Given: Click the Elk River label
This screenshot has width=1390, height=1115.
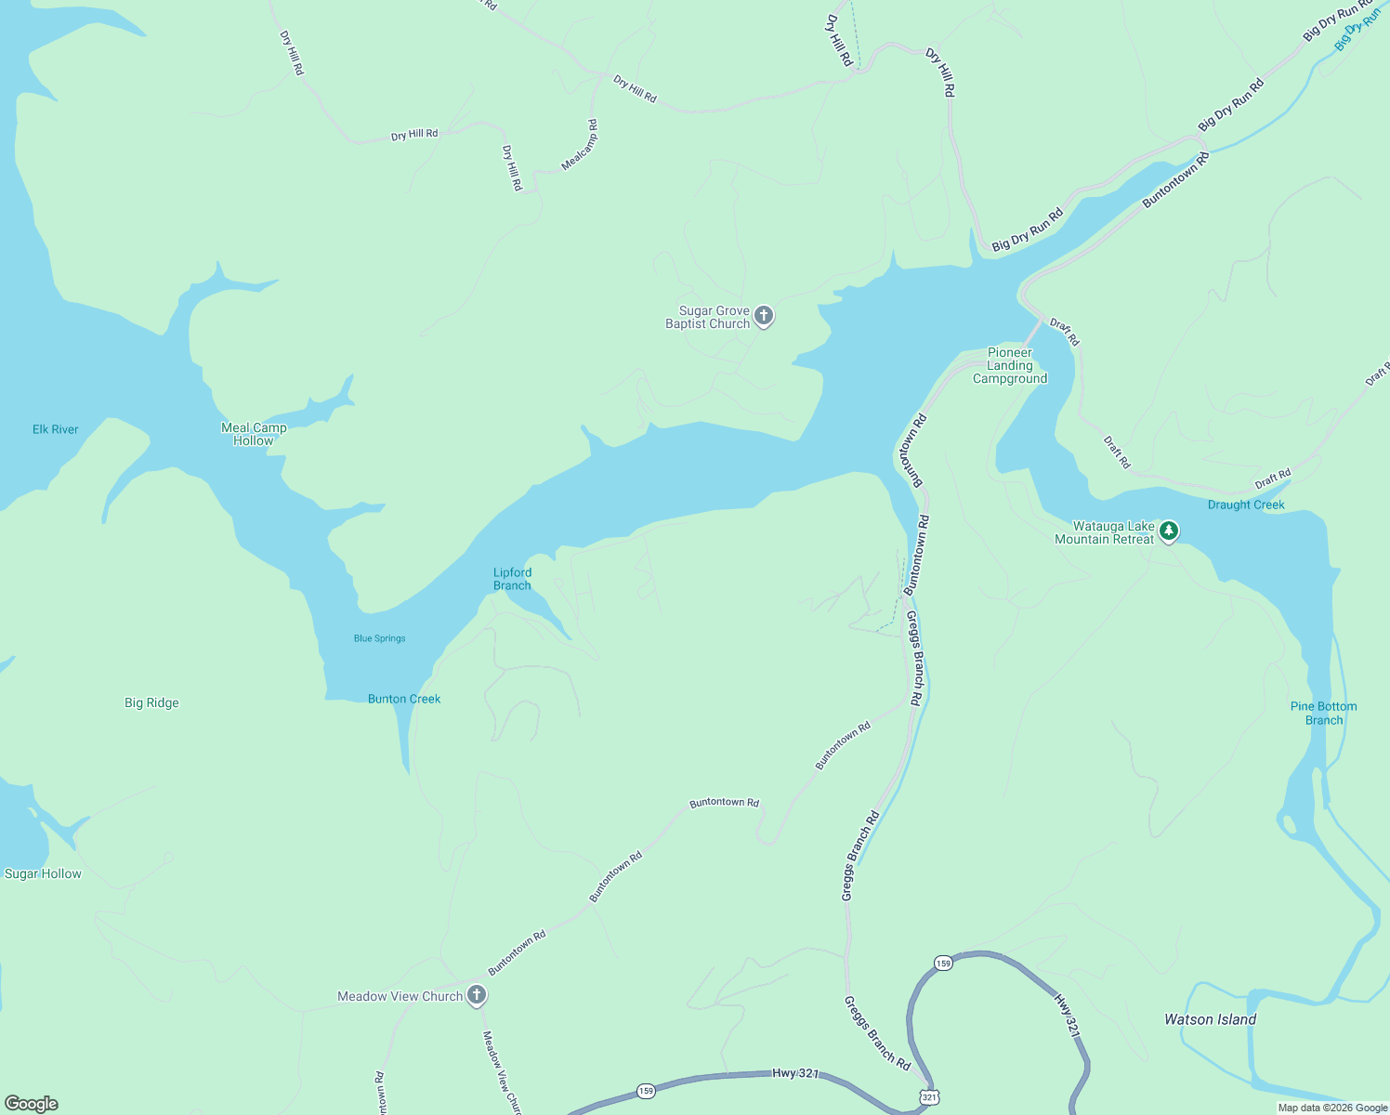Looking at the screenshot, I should pyautogui.click(x=56, y=429).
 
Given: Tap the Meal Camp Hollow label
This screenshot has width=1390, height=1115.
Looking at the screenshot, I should pyautogui.click(x=254, y=434).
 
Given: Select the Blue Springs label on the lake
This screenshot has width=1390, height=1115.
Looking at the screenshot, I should pyautogui.click(x=379, y=638).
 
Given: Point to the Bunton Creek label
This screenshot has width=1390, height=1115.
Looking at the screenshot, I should pyautogui.click(x=404, y=699).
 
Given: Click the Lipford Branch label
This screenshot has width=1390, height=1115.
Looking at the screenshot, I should pyautogui.click(x=512, y=579).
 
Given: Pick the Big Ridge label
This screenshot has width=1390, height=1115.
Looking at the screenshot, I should pyautogui.click(x=151, y=702).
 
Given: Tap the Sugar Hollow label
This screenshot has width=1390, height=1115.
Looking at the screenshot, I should pyautogui.click(x=43, y=873).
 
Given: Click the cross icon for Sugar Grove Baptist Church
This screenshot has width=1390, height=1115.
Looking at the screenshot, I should pyautogui.click(x=764, y=317).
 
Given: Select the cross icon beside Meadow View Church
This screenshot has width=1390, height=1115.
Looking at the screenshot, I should pyautogui.click(x=476, y=996).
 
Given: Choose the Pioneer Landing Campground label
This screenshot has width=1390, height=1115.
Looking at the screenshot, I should pyautogui.click(x=1010, y=365).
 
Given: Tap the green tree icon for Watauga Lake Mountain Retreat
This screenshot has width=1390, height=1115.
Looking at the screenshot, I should pyautogui.click(x=1169, y=531).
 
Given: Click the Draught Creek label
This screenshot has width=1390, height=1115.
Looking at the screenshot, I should pyautogui.click(x=1246, y=505).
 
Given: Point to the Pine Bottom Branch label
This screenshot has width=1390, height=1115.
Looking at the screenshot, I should pyautogui.click(x=1323, y=713).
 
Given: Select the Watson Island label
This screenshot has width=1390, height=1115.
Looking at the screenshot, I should pyautogui.click(x=1210, y=1019).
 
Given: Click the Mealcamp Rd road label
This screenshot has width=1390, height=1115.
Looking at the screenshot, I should pyautogui.click(x=580, y=146).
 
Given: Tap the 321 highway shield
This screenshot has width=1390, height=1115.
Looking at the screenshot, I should pyautogui.click(x=929, y=1097).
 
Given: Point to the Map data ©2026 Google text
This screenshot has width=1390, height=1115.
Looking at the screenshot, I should pyautogui.click(x=1332, y=1108).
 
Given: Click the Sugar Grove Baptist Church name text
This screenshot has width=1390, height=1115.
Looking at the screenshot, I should pyautogui.click(x=708, y=317).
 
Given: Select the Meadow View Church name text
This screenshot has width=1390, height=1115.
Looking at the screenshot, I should pyautogui.click(x=400, y=996).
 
